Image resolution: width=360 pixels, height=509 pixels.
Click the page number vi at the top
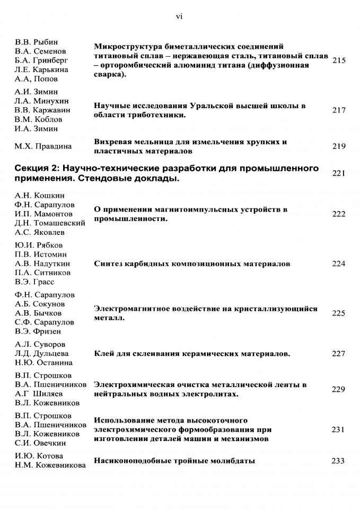(x=179, y=16)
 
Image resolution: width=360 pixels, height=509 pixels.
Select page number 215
(x=339, y=60)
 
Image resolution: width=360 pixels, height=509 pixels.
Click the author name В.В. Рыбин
(x=36, y=42)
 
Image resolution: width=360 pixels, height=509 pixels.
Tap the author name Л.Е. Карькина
(x=42, y=69)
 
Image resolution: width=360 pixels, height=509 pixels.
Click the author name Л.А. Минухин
(x=41, y=101)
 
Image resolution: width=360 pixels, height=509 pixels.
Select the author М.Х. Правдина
(x=43, y=146)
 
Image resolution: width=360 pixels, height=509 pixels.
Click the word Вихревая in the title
(x=111, y=142)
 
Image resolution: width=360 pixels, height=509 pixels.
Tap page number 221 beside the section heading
(x=339, y=173)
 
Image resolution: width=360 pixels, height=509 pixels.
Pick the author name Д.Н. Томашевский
(x=50, y=223)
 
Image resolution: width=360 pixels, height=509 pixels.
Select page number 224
(x=339, y=264)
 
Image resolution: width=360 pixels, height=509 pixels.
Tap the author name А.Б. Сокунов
(x=40, y=304)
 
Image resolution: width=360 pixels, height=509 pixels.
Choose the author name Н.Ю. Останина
(x=43, y=363)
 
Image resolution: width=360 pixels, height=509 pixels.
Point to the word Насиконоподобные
(x=130, y=461)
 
